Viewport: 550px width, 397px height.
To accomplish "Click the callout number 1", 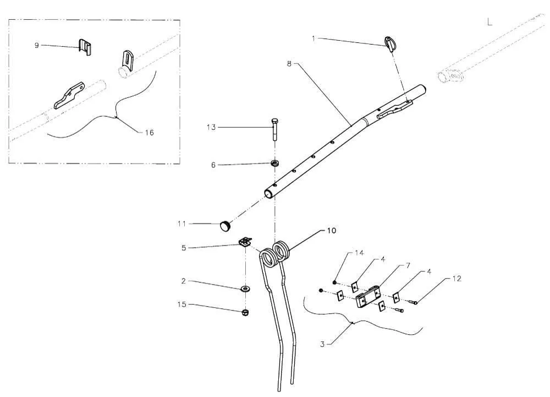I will pyautogui.click(x=313, y=39).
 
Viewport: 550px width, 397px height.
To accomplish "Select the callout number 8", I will pyautogui.click(x=289, y=64).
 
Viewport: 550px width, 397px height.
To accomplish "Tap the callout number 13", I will pyautogui.click(x=211, y=127).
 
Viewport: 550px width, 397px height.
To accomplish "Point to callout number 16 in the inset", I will pyautogui.click(x=149, y=132).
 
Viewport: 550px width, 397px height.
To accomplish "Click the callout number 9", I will pyautogui.click(x=37, y=45).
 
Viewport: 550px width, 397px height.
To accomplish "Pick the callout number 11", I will pyautogui.click(x=182, y=223).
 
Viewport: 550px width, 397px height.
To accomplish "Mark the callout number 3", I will pyautogui.click(x=322, y=344).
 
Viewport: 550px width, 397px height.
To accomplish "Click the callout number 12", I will pyautogui.click(x=457, y=279).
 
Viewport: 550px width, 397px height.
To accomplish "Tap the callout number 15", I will pyautogui.click(x=181, y=304).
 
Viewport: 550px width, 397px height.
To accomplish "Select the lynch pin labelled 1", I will pyautogui.click(x=392, y=43).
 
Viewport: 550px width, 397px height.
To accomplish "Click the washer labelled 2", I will pyautogui.click(x=244, y=288).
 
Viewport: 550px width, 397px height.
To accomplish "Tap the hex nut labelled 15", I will pyautogui.click(x=245, y=313).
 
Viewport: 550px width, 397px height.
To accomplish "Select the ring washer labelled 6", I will pyautogui.click(x=273, y=164).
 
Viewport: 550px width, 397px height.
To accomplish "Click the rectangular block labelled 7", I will pyautogui.click(x=367, y=297).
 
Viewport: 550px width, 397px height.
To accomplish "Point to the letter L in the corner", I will pyautogui.click(x=490, y=22).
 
